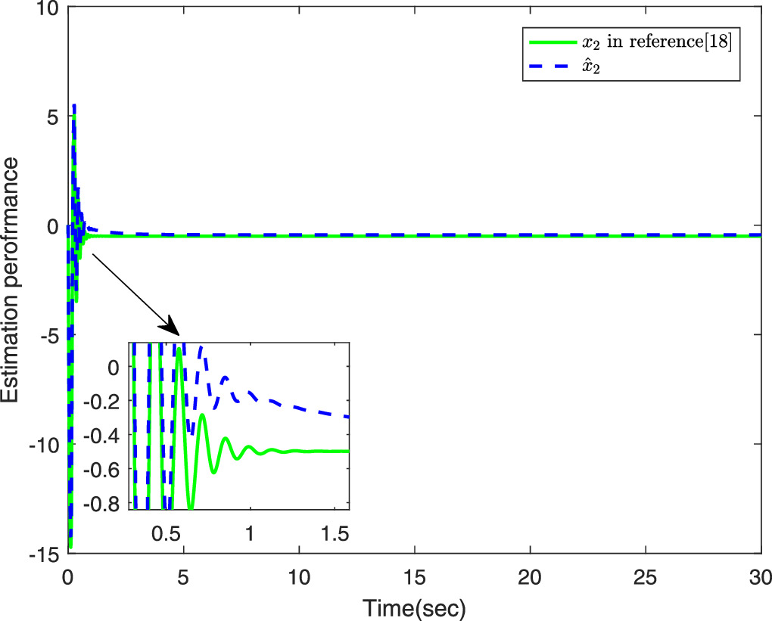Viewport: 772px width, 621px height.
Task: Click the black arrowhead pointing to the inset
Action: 171,327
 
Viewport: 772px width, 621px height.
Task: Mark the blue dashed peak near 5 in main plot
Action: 74,106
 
